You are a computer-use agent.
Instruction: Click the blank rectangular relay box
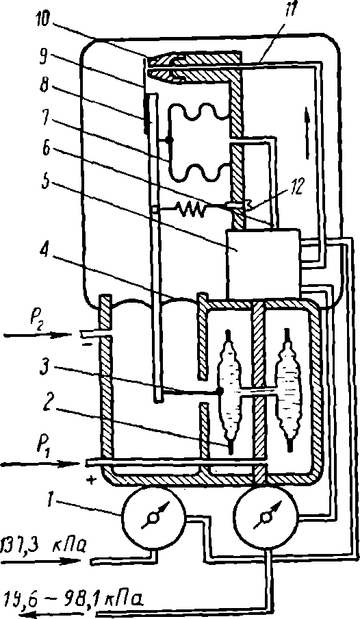click(x=263, y=264)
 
